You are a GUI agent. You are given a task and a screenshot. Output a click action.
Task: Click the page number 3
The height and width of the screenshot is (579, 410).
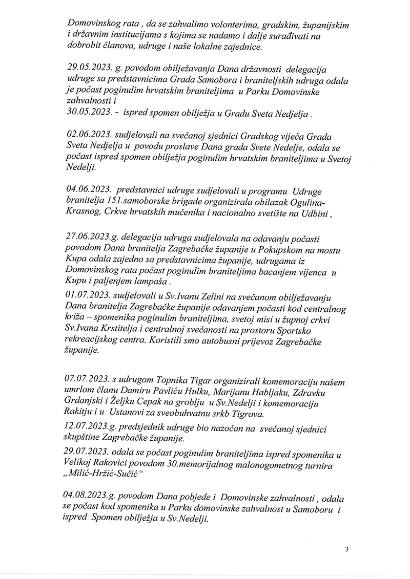[346, 550]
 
